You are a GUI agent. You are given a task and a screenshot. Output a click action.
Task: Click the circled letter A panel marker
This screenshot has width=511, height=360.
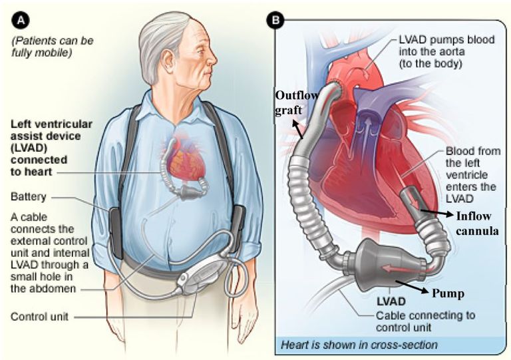coord(22,21)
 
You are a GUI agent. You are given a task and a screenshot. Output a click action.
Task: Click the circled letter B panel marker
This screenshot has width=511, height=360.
coord(273,21)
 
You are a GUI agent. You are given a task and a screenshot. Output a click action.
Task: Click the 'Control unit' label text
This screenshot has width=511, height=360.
coord(39,317)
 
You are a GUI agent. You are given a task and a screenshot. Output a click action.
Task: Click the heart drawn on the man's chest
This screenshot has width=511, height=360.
coord(175,160)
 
